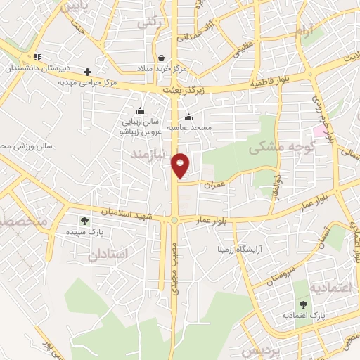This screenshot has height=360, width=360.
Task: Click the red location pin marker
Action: pos(181,165)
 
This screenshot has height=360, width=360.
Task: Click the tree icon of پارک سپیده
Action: pos(84,221)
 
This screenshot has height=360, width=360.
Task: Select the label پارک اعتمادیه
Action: pos(303,316)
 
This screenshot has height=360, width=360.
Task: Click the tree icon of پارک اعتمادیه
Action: pos(303,304)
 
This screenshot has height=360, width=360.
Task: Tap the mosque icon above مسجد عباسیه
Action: pos(188,117)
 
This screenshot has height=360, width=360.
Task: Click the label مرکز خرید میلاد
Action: pos(162,68)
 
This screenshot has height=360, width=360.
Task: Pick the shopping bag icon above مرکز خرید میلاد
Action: pos(162,58)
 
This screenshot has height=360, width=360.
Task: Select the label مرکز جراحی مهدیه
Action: pos(86,82)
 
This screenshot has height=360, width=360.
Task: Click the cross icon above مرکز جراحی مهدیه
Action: pos(87,71)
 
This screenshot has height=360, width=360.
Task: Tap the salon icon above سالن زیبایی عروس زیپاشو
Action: pos(140,110)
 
